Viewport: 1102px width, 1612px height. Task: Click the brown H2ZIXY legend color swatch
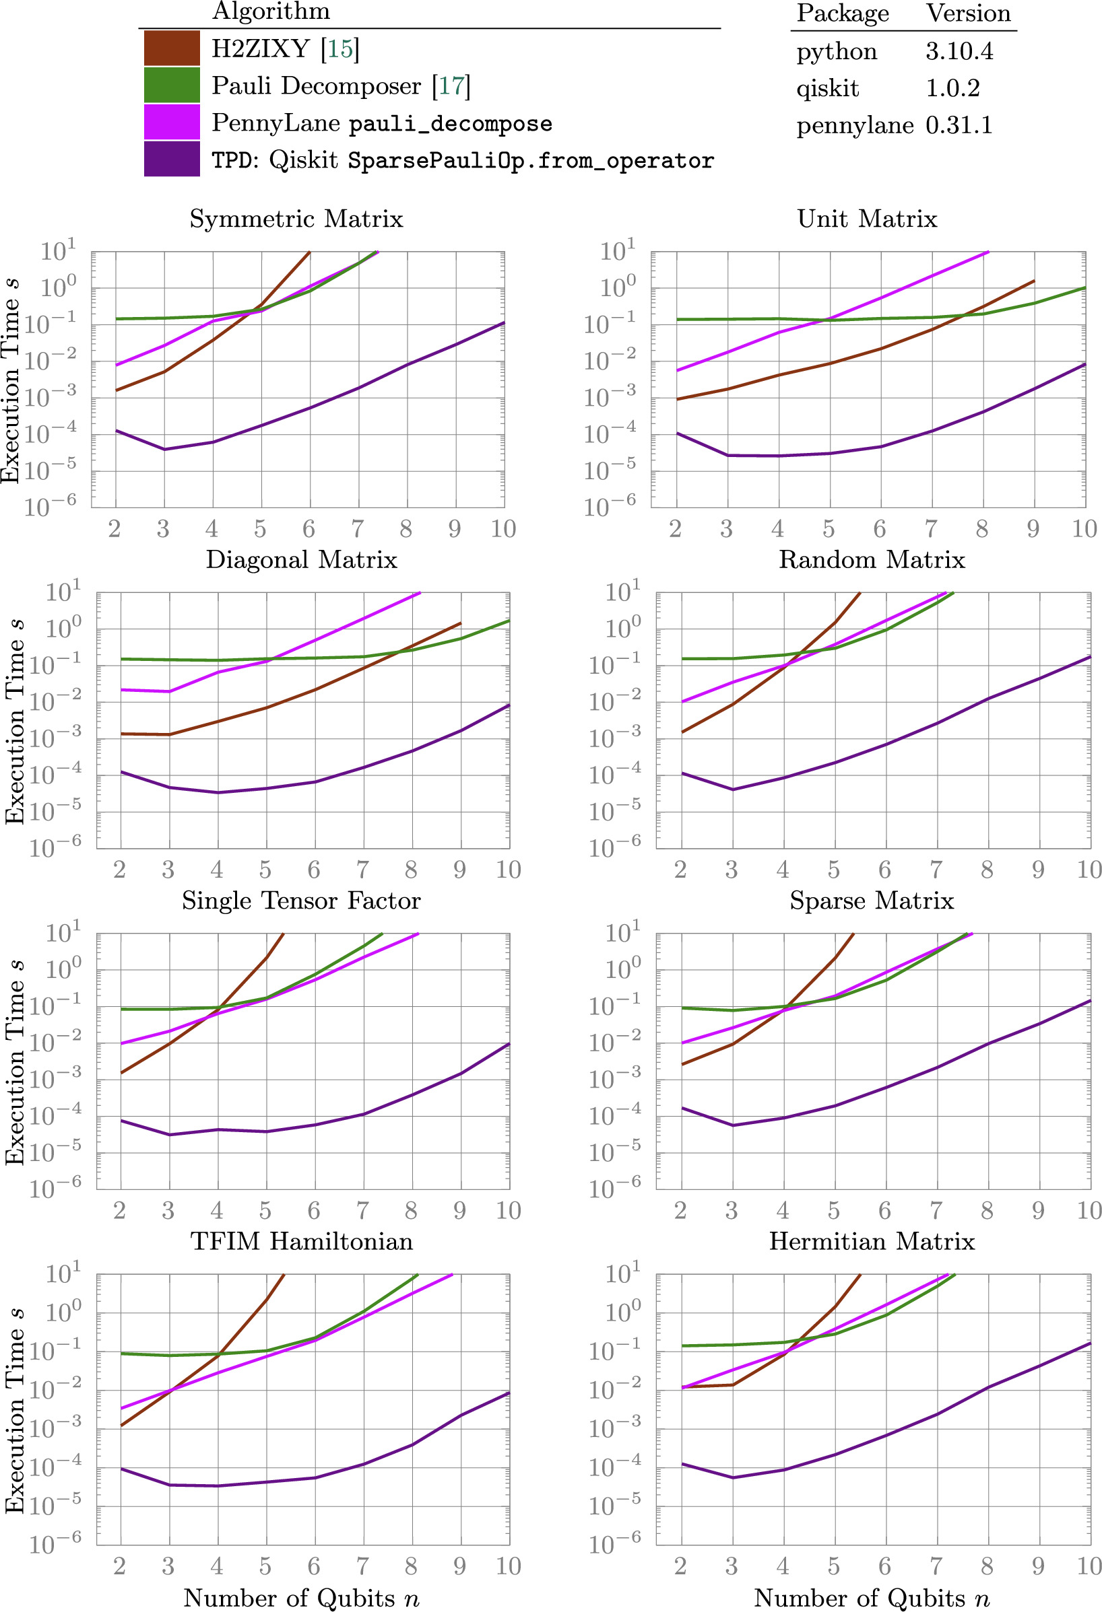coord(171,48)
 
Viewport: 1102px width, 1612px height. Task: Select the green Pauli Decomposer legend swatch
coord(171,85)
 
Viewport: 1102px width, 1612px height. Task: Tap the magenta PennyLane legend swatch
coord(171,122)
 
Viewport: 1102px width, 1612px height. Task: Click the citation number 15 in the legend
coord(339,48)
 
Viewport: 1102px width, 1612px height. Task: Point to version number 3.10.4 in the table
coord(959,51)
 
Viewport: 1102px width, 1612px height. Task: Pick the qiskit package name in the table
coord(827,89)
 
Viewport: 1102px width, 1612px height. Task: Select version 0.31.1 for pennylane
coord(959,126)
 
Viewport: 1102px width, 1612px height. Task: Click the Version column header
coord(968,14)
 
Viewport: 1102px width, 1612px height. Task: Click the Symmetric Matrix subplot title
coord(296,219)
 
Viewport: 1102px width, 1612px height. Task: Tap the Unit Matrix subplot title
coord(867,219)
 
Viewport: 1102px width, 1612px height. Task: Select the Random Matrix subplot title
coord(872,560)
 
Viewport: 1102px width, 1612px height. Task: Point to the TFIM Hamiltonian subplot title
coord(301,1241)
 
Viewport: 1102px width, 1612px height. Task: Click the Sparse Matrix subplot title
coord(872,901)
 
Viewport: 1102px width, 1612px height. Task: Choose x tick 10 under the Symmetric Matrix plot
coord(503,529)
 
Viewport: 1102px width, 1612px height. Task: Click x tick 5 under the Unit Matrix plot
coord(829,529)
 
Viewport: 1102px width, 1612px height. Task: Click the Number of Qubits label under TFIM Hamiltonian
coord(301,1597)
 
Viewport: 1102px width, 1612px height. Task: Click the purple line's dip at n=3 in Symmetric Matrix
coord(164,450)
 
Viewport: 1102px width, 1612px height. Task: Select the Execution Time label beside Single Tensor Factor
coord(15,1062)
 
